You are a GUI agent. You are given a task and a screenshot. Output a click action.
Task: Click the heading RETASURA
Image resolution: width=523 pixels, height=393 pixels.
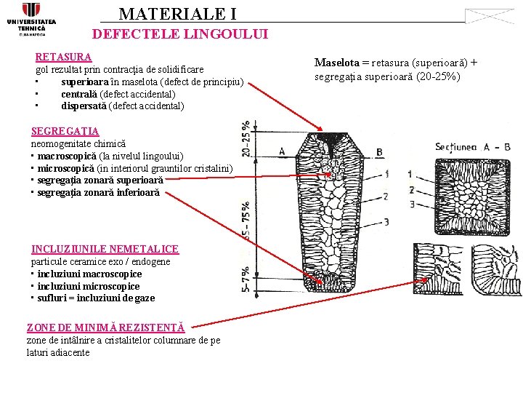tap(63, 57)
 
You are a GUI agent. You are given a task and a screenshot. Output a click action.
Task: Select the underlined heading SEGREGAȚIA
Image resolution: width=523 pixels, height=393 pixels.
tap(65, 132)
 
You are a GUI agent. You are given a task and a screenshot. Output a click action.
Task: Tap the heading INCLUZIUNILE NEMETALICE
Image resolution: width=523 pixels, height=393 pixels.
tap(105, 249)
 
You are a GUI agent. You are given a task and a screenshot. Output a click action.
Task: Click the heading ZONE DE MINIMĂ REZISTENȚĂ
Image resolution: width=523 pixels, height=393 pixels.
tap(105, 328)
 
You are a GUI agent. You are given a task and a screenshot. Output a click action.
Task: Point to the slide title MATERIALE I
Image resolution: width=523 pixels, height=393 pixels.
tap(177, 14)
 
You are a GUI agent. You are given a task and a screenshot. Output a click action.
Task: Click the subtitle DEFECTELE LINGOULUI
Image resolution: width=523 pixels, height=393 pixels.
tap(180, 34)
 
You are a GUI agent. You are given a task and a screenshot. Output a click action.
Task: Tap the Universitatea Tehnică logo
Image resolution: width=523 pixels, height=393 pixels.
tap(31, 19)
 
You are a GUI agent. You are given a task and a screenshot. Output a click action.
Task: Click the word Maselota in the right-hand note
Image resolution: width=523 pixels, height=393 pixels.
tap(337, 63)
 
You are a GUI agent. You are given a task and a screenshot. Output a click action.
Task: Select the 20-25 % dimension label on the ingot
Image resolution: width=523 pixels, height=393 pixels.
tap(247, 138)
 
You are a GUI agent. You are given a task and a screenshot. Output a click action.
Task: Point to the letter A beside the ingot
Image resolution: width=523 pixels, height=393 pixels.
tap(282, 151)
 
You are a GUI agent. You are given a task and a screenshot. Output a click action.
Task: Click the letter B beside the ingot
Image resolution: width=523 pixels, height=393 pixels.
tap(379, 151)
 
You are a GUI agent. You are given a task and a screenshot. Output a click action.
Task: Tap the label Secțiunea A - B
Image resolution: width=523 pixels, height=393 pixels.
tap(473, 147)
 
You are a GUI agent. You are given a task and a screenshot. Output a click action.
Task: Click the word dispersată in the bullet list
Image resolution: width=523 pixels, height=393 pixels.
tap(84, 106)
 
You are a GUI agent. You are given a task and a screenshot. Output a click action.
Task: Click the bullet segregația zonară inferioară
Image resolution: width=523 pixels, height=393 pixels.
tap(98, 193)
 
